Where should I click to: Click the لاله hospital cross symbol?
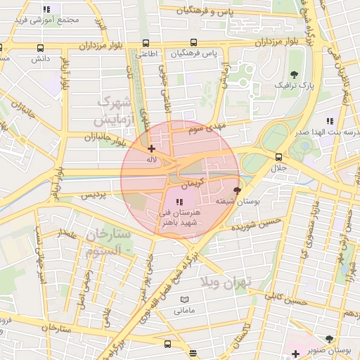point(151,148)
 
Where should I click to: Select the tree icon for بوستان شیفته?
point(237,190)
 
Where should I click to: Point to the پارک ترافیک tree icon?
point(294,74)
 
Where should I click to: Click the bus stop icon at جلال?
point(279,157)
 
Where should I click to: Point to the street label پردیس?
point(93,195)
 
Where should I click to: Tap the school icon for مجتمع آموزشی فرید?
point(46,10)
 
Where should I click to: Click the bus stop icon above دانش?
point(40,49)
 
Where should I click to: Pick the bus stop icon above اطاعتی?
point(146,42)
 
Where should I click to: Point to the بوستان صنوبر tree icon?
point(329,340)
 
